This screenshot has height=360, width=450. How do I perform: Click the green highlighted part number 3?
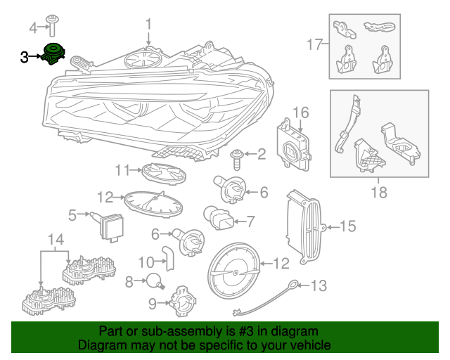coord(51,53)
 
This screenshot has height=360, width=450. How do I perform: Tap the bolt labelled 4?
coord(53,25)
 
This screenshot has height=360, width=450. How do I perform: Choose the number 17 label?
coord(314,45)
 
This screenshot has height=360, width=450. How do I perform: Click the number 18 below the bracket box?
coord(378,191)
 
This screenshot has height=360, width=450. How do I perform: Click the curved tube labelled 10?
coord(167,257)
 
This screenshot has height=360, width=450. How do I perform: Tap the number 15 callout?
coord(347,226)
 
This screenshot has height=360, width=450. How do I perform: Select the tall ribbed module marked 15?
coord(303,226)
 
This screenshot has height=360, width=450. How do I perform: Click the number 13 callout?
coord(319,285)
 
